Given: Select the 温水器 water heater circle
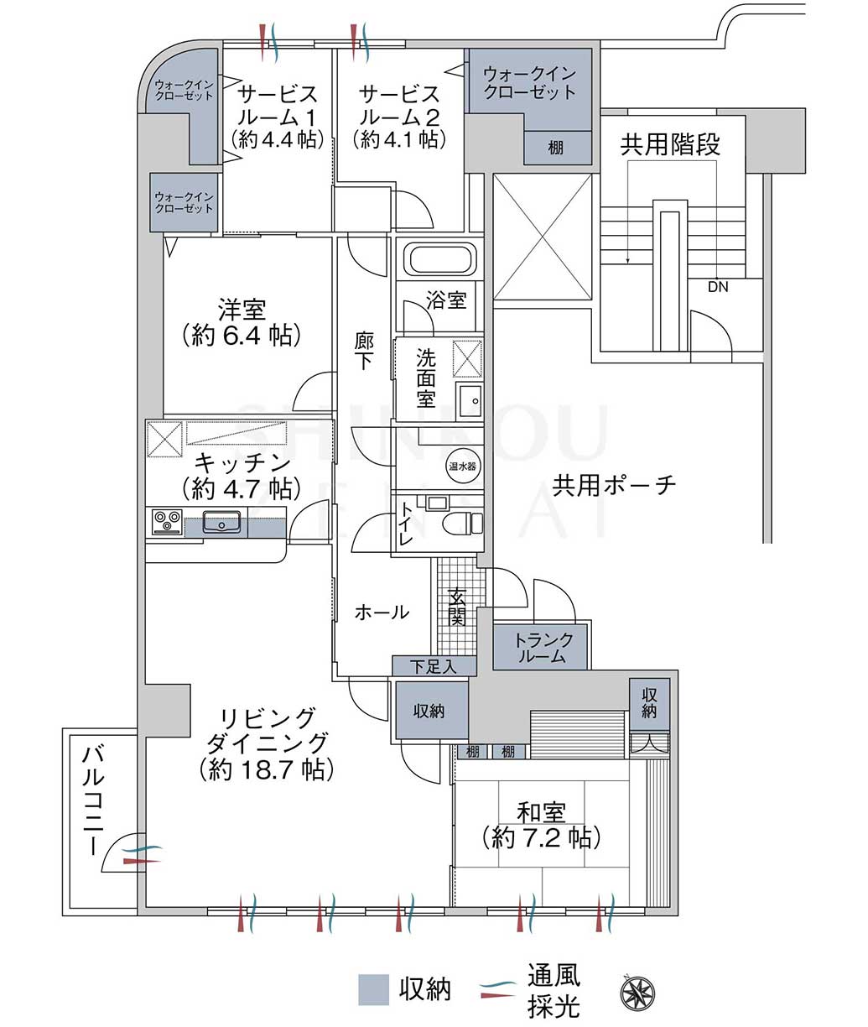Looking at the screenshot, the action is point(462,466).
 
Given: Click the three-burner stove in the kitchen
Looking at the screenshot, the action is point(167,522).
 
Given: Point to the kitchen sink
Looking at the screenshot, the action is point(221,522).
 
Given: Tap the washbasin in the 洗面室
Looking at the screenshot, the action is point(469,401).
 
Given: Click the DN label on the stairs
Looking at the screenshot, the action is point(718,287).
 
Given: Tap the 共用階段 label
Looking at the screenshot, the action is point(670,144).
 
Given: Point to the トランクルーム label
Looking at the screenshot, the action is point(543,648).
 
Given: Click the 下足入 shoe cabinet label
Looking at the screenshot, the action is point(433,666).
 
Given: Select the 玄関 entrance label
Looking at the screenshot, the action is point(456,607).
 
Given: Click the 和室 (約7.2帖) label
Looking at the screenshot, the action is point(542,826).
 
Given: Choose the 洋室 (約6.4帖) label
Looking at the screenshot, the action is point(242,322).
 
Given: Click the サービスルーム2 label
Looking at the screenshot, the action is point(399,117).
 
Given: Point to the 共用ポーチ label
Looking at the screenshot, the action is point(614,485).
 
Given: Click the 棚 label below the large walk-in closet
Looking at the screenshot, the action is point(556,148).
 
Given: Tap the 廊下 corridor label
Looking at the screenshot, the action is point(364,351).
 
